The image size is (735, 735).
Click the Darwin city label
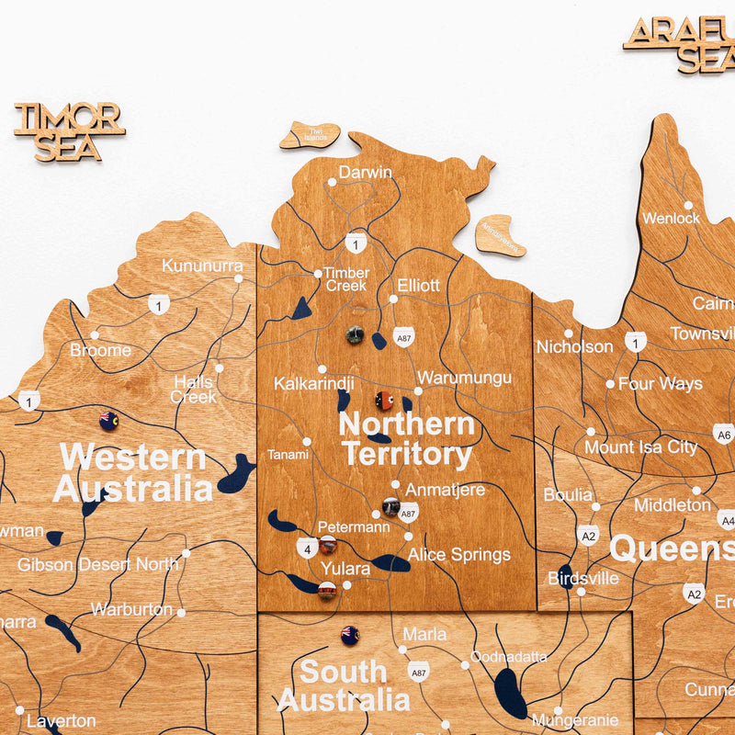point(365,172)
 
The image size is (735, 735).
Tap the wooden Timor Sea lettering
point(69,132)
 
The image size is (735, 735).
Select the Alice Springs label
point(458,555)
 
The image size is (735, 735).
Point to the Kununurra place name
point(202,266)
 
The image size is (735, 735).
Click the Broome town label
point(100,350)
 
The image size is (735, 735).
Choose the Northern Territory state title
point(406,439)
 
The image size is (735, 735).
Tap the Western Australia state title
point(132,472)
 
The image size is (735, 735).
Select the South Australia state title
point(344,685)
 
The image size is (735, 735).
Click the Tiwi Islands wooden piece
point(310,135)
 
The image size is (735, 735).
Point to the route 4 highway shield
point(306,548)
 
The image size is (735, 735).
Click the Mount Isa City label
point(641,447)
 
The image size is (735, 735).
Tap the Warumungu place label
point(464,378)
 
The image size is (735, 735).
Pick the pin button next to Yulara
point(326,591)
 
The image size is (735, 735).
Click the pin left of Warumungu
point(384,401)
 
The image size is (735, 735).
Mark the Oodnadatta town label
point(508,657)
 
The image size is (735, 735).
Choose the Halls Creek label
point(193,390)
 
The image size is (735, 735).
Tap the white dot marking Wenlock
point(687,205)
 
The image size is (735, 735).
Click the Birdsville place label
point(582,579)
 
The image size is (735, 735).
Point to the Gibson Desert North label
point(97,564)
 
